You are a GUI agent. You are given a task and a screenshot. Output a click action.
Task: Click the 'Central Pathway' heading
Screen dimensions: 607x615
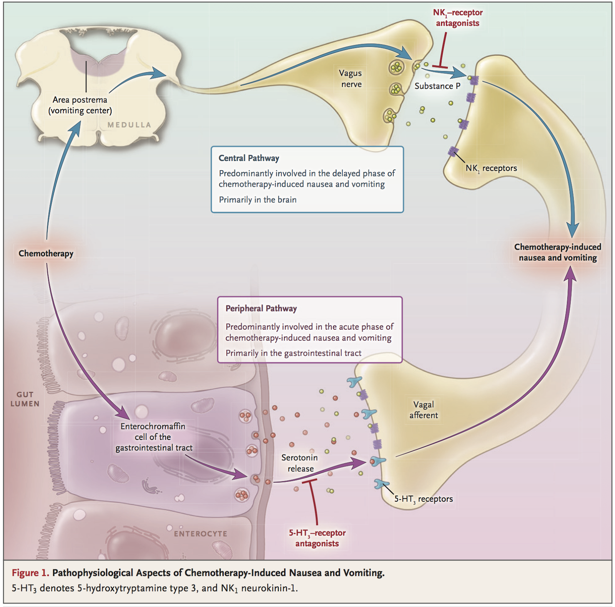tap(249, 158)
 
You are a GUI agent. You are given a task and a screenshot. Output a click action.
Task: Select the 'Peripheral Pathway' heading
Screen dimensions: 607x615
tap(261, 308)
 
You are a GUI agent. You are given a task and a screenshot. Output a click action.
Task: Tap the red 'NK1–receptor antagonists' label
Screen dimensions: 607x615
tap(457, 18)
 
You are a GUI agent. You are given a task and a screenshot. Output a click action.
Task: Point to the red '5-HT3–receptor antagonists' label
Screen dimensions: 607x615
tap(317, 538)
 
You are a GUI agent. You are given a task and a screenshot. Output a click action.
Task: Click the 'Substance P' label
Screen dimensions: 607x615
tap(437, 86)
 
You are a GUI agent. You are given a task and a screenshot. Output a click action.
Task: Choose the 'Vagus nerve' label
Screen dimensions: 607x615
tap(351, 78)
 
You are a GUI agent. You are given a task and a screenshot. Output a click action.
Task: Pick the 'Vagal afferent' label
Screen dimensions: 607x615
tap(423, 410)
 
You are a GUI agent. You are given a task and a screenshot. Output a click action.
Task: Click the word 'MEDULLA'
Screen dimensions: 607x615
tap(129, 125)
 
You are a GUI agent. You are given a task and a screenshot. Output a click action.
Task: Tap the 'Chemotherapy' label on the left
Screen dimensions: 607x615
tap(46, 254)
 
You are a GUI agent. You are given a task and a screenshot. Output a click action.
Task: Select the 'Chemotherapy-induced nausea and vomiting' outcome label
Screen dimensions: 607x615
tap(557, 252)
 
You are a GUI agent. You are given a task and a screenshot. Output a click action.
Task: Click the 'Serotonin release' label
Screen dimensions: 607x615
tap(300, 463)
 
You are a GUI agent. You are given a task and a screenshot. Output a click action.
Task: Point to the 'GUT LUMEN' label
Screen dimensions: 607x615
tap(25, 399)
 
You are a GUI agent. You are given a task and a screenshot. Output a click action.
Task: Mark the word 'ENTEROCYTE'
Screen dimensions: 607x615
tap(200, 534)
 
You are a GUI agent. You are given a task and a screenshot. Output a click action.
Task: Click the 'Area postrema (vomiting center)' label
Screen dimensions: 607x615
tap(80, 105)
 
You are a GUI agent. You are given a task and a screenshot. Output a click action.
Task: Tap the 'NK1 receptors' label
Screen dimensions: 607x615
tap(491, 168)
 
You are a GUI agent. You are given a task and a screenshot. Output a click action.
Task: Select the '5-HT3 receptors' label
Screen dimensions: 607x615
tap(423, 499)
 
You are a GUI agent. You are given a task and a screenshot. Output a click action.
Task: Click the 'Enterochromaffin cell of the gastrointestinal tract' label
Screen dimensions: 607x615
tap(153, 437)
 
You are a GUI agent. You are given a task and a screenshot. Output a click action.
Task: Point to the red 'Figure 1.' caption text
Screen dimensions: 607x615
tap(30, 573)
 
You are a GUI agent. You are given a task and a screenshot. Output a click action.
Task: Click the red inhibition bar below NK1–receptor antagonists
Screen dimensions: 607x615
tap(440, 68)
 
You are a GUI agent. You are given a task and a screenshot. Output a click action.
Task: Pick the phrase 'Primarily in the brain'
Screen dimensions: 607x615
tap(258, 200)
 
